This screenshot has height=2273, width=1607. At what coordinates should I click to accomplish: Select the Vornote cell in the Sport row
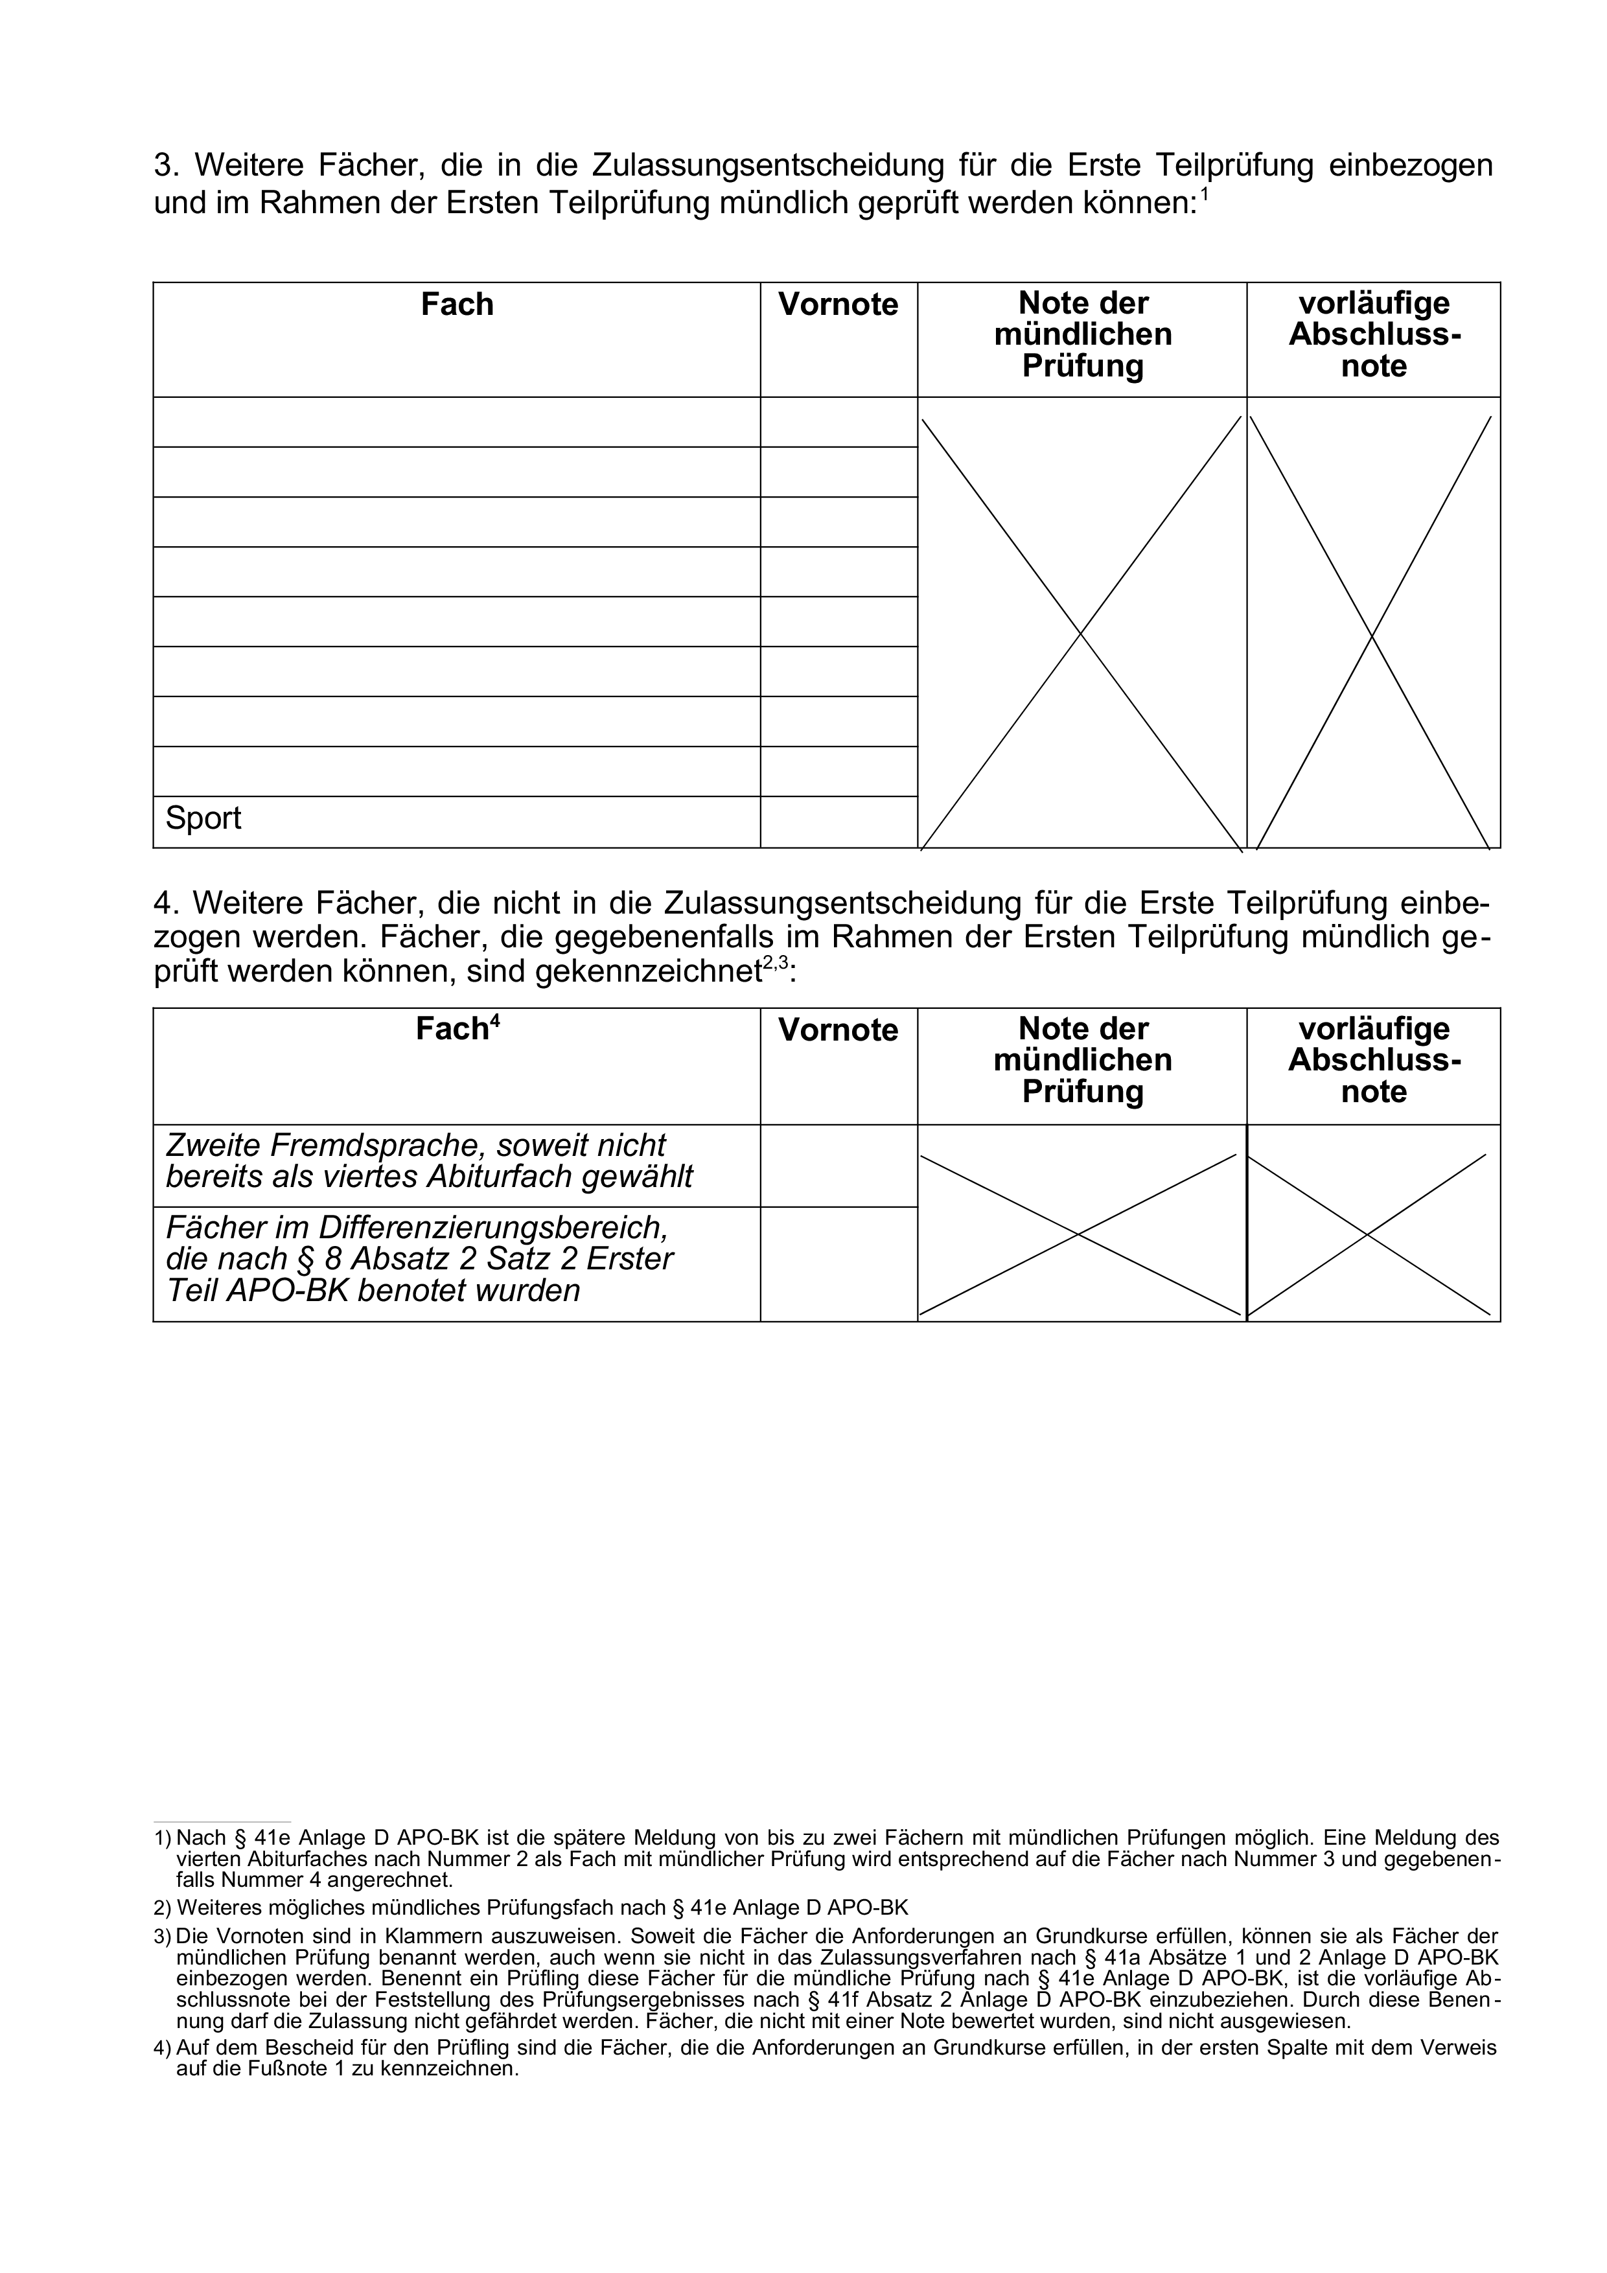pyautogui.click(x=838, y=822)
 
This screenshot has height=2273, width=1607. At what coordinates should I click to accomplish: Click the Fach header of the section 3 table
pyautogui.click(x=456, y=304)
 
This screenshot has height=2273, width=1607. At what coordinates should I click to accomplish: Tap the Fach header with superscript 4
pyautogui.click(x=456, y=1030)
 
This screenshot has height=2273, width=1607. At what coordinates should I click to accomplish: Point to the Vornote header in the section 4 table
pyautogui.click(x=838, y=1031)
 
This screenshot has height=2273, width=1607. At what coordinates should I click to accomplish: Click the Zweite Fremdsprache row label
pyautogui.click(x=430, y=1161)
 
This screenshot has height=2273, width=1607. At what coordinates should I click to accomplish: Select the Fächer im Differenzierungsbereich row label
pyautogui.click(x=420, y=1259)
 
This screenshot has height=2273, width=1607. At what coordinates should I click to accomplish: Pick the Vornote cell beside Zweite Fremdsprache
pyautogui.click(x=838, y=1165)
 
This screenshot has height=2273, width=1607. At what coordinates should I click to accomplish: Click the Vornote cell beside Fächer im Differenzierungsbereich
pyautogui.click(x=838, y=1263)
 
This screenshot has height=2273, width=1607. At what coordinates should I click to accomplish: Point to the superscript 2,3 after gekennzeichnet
pyautogui.click(x=775, y=962)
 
